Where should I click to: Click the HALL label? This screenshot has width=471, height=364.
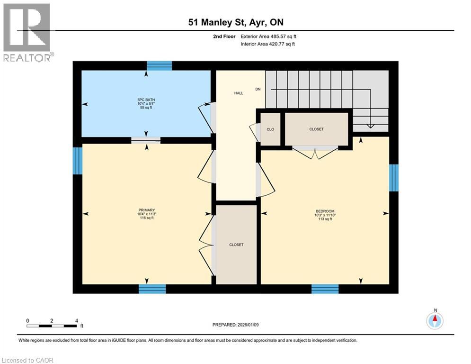pyautogui.click(x=239, y=93)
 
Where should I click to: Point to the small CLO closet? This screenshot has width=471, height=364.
pyautogui.click(x=270, y=129)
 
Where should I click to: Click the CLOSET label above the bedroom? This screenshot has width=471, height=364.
pyautogui.click(x=316, y=129)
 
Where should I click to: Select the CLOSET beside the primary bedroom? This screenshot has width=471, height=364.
pyautogui.click(x=236, y=245)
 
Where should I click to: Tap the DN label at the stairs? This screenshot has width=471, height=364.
pyautogui.click(x=258, y=89)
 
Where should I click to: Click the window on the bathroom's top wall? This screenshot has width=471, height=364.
pyautogui.click(x=159, y=65)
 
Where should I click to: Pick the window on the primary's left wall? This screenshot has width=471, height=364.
pyautogui.click(x=77, y=161)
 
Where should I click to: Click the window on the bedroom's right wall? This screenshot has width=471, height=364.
pyautogui.click(x=393, y=178)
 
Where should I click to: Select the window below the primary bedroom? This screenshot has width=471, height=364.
pyautogui.click(x=152, y=289)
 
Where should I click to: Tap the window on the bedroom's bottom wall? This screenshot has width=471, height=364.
pyautogui.click(x=325, y=289)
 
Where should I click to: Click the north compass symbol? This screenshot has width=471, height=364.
pyautogui.click(x=435, y=321)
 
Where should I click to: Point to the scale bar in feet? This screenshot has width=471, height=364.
pyautogui.click(x=52, y=326)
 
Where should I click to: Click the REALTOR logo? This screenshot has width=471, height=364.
pyautogui.click(x=27, y=32)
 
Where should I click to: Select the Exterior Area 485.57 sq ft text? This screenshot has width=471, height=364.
pyautogui.click(x=268, y=36)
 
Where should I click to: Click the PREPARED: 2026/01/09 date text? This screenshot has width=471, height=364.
pyautogui.click(x=236, y=325)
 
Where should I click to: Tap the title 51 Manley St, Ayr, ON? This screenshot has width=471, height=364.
pyautogui.click(x=235, y=22)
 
